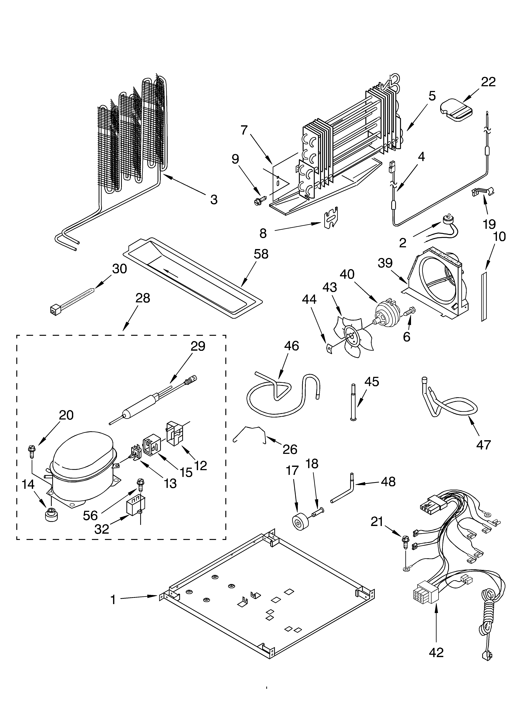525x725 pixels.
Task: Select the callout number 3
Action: point(214,199)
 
